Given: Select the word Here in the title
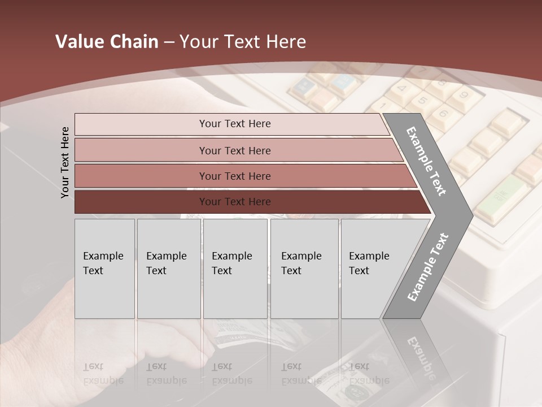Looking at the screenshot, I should click(x=286, y=42).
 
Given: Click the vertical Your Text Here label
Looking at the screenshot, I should click(x=65, y=162).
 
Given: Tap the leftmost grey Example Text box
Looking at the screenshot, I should click(x=104, y=269).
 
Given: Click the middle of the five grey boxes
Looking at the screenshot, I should click(x=235, y=269).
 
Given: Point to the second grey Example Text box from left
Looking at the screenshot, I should click(x=169, y=269).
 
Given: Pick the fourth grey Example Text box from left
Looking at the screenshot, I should click(x=304, y=269).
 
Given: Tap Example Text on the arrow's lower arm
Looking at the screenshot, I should click(x=427, y=267).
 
